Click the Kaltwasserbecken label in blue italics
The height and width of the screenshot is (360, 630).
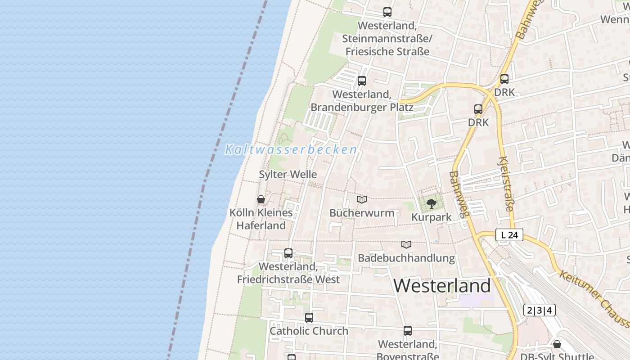[291, 149]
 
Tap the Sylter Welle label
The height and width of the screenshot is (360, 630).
[288, 174]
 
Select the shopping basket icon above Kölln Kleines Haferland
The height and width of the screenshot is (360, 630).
[261, 199]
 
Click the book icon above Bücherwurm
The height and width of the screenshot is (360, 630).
[362, 199]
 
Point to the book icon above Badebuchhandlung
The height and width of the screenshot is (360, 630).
[406, 244]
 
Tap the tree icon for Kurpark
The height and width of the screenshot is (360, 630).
[431, 203]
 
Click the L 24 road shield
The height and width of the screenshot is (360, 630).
[509, 235]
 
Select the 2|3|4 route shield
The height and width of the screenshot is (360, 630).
[540, 310]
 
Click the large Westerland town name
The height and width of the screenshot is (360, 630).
[442, 286]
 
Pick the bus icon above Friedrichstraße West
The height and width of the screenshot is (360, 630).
[288, 253]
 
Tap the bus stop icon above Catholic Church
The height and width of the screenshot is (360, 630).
[309, 318]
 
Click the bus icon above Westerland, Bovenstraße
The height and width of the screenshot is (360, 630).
[407, 331]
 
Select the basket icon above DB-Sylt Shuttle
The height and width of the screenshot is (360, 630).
[557, 344]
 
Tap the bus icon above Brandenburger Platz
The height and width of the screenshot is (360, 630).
[361, 81]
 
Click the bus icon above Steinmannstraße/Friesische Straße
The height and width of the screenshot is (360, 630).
[387, 12]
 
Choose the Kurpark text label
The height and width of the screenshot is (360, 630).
[431, 217]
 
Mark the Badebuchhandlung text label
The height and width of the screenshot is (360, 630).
[406, 258]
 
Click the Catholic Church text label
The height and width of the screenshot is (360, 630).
[309, 331]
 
